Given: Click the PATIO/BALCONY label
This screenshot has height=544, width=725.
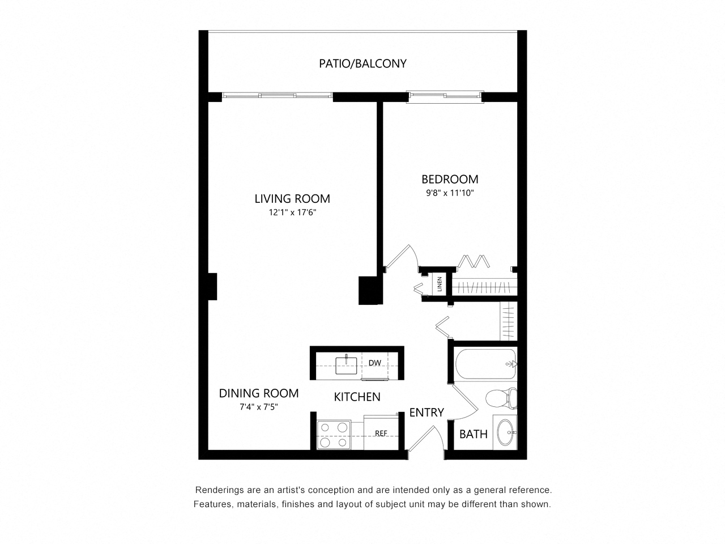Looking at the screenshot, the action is point(362,63).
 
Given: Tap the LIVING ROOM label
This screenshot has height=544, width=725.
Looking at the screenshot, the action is point(292,198).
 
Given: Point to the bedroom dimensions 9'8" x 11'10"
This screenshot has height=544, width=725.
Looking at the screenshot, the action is point(450,193).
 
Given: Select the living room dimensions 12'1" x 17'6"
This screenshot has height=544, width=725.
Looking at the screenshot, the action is point(292,212).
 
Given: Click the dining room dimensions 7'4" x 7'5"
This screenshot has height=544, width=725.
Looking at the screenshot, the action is point(259,407).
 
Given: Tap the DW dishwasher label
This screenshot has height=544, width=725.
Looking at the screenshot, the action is point(374,363).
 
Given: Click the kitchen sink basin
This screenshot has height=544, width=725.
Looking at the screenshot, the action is point(346,365).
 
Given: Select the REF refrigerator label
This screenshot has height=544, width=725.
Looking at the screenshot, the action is point(381,433).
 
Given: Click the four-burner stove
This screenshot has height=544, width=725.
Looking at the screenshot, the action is point(334,435).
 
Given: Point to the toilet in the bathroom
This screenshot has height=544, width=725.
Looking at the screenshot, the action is point(501,398).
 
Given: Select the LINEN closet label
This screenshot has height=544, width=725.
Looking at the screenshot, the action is point(440,284).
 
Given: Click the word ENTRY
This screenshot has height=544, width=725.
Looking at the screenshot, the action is point(427,413).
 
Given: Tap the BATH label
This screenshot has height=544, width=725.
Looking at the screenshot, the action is point(474,434).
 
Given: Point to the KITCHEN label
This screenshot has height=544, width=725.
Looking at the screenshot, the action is point(357,397).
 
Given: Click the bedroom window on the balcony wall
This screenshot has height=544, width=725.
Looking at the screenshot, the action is point(445,96).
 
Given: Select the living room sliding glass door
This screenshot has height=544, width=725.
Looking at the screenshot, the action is point(277,95).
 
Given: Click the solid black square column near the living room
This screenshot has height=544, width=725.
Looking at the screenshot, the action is point(370,290).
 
